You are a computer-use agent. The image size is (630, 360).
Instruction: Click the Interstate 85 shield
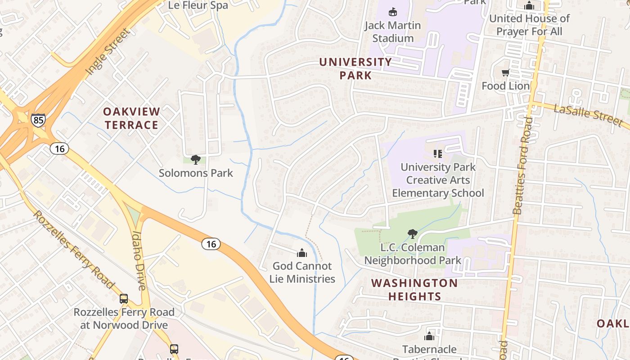tap(38, 120)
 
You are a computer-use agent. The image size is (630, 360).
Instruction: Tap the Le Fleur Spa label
tap(198, 5)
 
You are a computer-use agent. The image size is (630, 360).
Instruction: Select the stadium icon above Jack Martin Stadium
tap(393, 12)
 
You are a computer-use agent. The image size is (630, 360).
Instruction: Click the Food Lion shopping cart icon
tap(505, 73)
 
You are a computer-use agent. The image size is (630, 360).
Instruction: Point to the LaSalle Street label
tap(588, 116)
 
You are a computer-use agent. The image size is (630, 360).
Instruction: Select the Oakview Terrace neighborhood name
tap(131, 118)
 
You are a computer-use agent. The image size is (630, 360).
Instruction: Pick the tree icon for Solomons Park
tap(195, 159)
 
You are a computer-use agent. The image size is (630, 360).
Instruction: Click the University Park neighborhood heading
tap(355, 68)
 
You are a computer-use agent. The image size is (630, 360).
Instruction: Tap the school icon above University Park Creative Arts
tap(437, 154)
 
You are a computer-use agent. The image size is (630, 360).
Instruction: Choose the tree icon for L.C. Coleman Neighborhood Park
tap(412, 234)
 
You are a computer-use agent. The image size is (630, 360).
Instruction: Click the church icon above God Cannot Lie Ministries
tap(302, 253)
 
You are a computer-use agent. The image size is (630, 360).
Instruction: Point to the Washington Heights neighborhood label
tap(414, 290)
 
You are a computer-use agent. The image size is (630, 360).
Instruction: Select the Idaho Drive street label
tap(138, 261)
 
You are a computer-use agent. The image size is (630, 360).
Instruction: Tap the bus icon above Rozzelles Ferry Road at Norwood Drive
tap(123, 298)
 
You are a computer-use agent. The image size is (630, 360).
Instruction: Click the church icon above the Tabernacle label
tap(429, 336)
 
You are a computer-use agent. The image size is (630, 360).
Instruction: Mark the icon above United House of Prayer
tap(529, 6)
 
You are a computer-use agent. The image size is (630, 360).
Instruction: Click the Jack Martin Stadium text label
tap(393, 31)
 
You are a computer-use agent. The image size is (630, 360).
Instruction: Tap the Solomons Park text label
tap(196, 173)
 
